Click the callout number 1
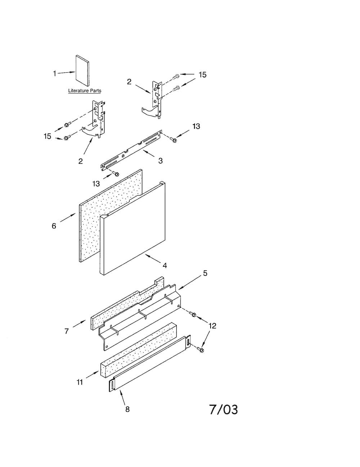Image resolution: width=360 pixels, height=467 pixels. [55, 74]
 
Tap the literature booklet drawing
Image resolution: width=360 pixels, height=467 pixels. [82, 71]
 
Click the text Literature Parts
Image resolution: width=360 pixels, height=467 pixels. [85, 91]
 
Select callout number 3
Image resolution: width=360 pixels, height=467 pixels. [161, 161]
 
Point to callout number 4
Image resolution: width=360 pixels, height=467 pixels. [165, 266]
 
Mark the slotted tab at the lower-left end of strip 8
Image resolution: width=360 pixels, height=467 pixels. [112, 386]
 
